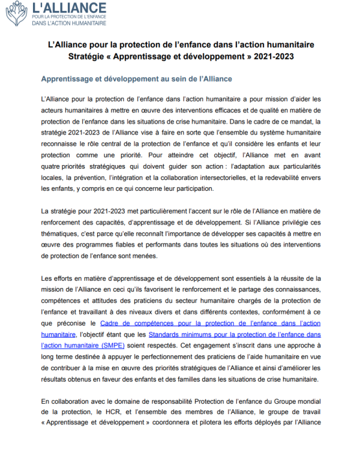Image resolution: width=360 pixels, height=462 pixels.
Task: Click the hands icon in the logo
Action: point(16,13)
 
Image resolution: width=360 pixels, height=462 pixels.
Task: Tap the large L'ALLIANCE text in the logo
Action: point(69,8)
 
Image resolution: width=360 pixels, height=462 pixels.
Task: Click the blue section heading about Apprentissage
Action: point(136,79)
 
